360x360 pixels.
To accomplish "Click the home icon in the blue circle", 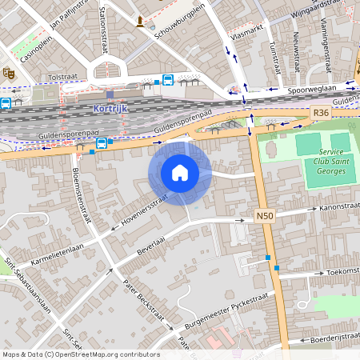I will click(x=180, y=172).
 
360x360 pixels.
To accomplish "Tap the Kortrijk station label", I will click(x=110, y=106).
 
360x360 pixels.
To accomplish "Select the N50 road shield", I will click(x=266, y=216).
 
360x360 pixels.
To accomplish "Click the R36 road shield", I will click(x=322, y=113).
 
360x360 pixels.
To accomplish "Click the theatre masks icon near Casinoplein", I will click(x=10, y=72).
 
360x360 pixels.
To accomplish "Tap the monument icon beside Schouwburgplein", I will click(x=141, y=20).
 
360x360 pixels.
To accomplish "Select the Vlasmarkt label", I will click(x=246, y=36).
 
